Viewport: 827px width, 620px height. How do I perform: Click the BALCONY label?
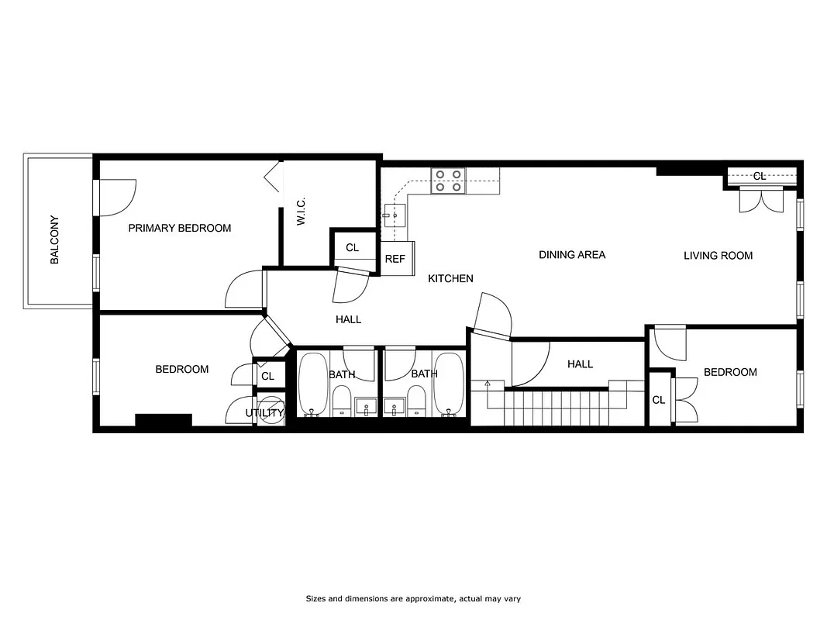[x=54, y=240]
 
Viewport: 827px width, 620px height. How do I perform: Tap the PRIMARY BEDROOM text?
[x=180, y=228]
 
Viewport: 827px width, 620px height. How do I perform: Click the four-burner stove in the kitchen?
[x=447, y=181]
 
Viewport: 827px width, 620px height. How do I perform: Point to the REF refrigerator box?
[x=395, y=258]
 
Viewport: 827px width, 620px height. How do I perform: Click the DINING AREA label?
[x=572, y=254]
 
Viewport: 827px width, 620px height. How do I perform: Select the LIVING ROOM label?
[x=718, y=255]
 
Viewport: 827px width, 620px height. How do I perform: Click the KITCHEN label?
[x=450, y=278]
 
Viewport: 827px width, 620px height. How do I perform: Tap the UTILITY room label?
[x=264, y=413]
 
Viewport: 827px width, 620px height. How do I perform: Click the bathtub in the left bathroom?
[x=312, y=384]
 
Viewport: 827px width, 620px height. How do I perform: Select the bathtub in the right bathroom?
[x=448, y=384]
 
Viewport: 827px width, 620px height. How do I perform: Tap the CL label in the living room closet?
[x=760, y=176]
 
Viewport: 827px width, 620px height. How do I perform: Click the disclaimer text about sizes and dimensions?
[x=413, y=598]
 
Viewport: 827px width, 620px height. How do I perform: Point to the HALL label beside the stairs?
[x=580, y=363]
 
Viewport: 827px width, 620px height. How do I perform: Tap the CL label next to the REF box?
[x=353, y=247]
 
